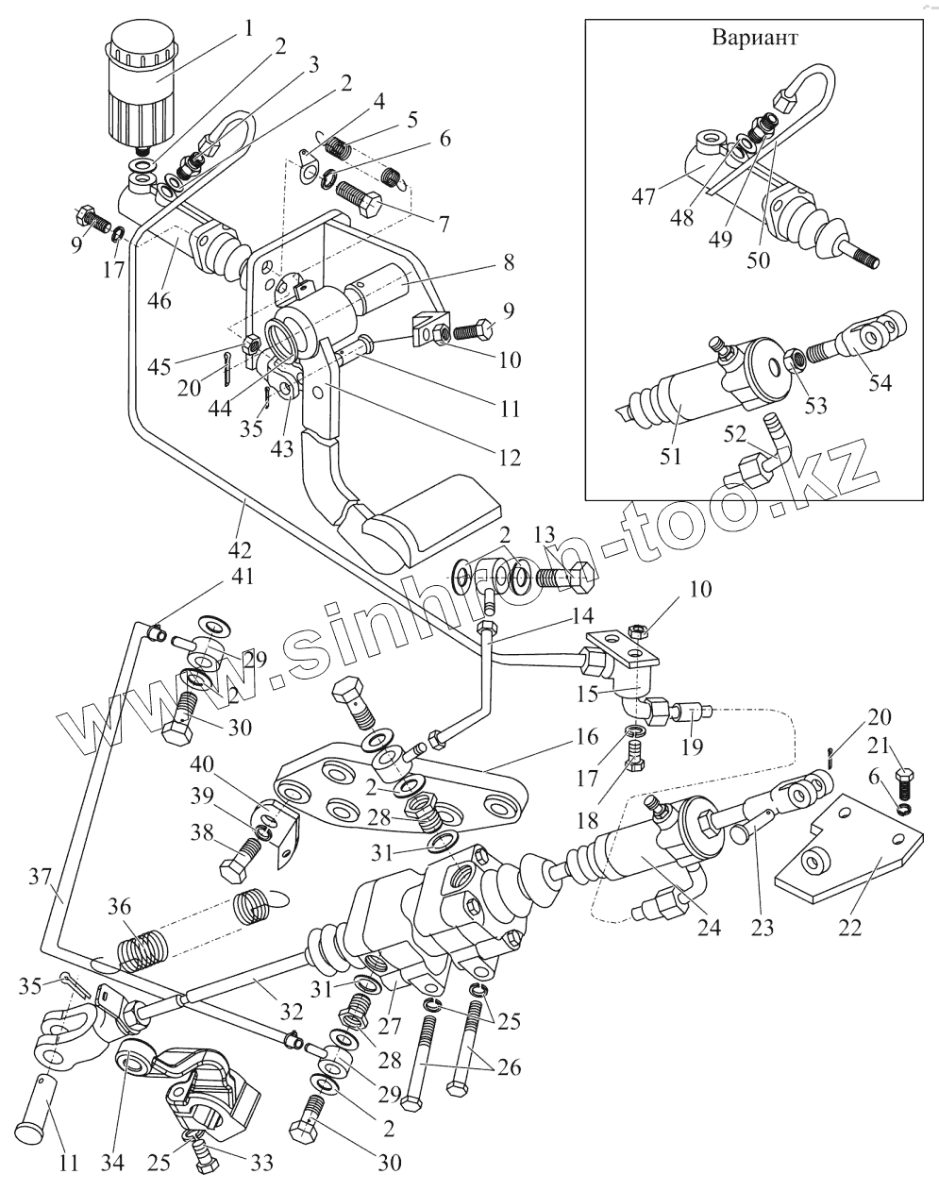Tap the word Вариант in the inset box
pyautogui.click(x=755, y=38)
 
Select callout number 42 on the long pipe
pyautogui.click(x=240, y=549)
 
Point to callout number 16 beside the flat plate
pyautogui.click(x=585, y=737)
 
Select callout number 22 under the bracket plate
pyautogui.click(x=850, y=926)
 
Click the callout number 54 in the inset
pyautogui.click(x=880, y=382)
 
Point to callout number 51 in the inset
pyautogui.click(x=670, y=457)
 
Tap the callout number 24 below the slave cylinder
pyautogui.click(x=710, y=926)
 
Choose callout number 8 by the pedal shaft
pyautogui.click(x=509, y=261)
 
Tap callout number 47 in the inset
pyautogui.click(x=644, y=196)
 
